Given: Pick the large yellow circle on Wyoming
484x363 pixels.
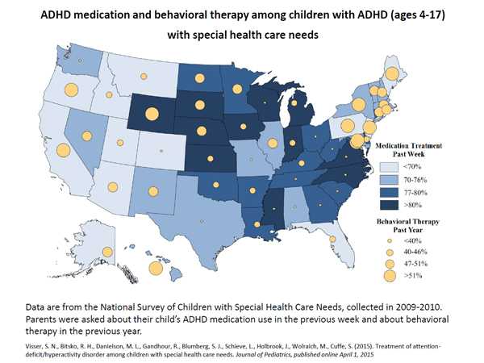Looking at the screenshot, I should coord(152,113).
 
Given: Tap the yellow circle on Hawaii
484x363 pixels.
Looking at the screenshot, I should coord(153,269).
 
